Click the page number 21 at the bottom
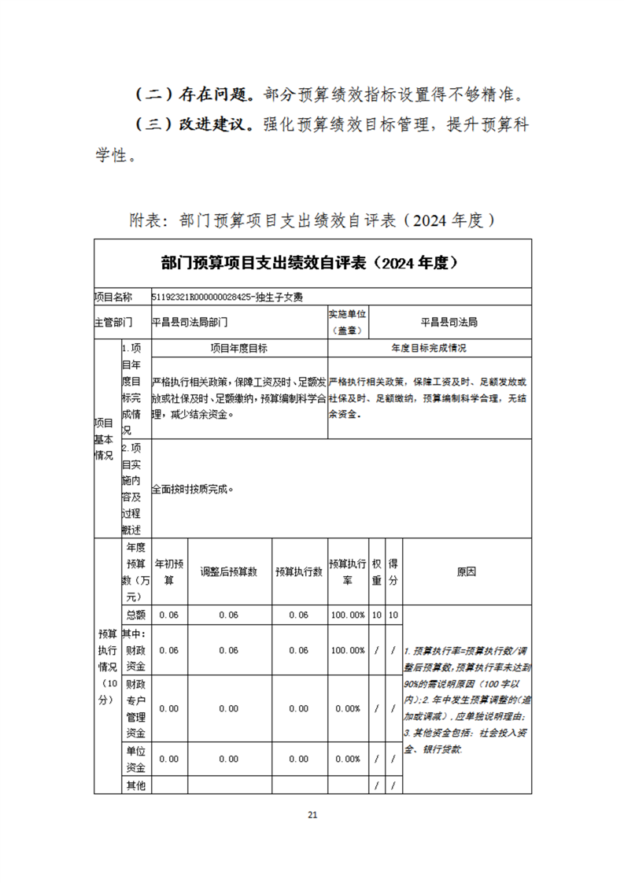pyautogui.click(x=312, y=815)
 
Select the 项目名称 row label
pyautogui.click(x=113, y=297)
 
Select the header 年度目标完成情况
pyautogui.click(x=428, y=348)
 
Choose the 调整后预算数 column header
pyautogui.click(x=229, y=572)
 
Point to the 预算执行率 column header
pyautogui.click(x=347, y=572)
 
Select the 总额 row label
pyautogui.click(x=135, y=615)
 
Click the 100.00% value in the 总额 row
pyautogui.click(x=347, y=615)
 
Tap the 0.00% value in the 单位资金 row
pyautogui.click(x=347, y=759)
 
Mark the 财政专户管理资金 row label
pyautogui.click(x=135, y=708)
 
